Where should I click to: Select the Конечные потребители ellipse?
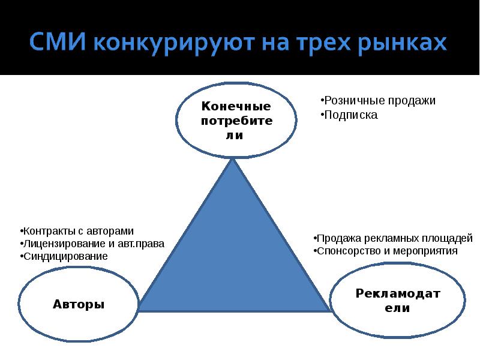pyautogui.click(x=236, y=120)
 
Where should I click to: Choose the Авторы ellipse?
pyautogui.click(x=79, y=304)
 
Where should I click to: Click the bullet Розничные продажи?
pyautogui.click(x=378, y=101)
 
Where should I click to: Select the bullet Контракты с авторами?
pyautogui.click(x=76, y=231)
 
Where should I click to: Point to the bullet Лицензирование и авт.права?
pyautogui.click(x=91, y=244)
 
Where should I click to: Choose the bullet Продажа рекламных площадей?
pyautogui.click(x=394, y=238)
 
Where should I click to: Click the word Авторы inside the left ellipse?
pyautogui.click(x=79, y=304)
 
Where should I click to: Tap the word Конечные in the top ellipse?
pyautogui.click(x=236, y=107)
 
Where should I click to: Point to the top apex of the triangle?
pyautogui.click(x=233, y=160)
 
